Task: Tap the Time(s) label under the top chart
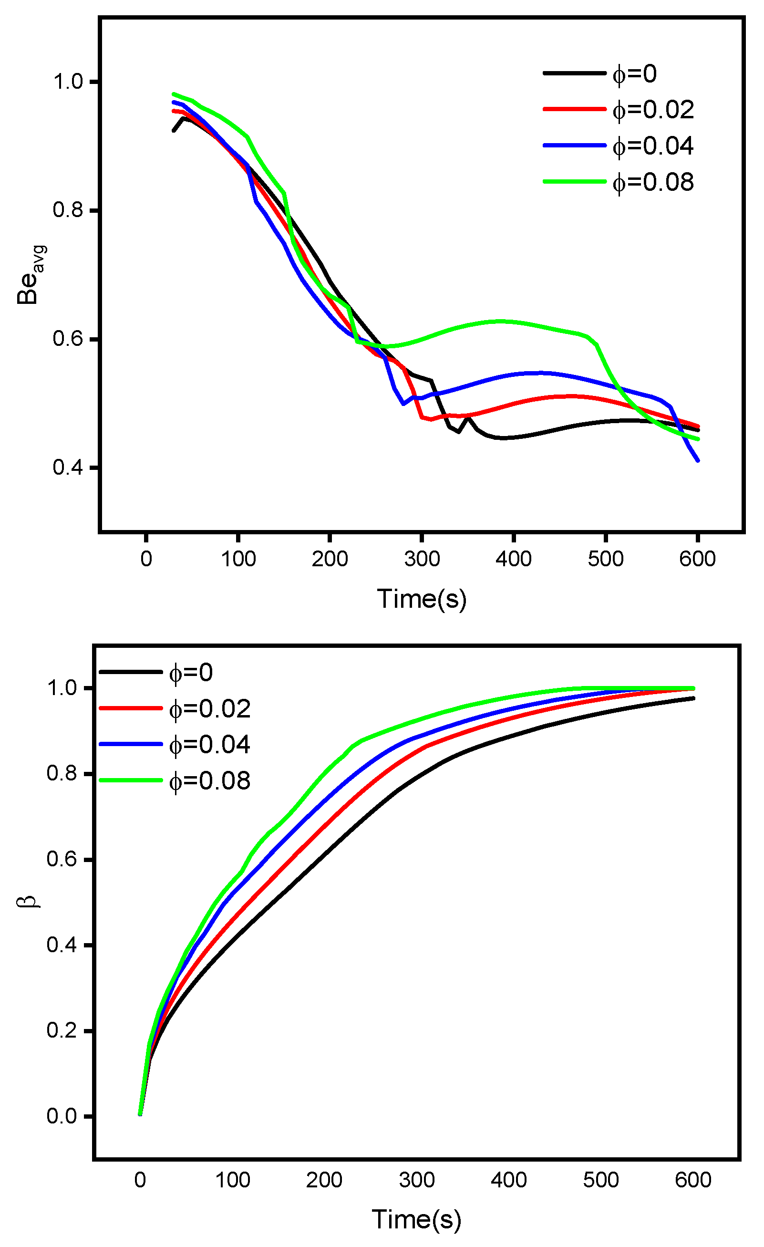point(422,599)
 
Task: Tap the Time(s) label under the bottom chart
point(416,1220)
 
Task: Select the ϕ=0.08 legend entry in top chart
point(653,182)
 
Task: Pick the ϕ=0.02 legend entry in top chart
point(653,109)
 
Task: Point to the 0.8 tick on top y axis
point(68,210)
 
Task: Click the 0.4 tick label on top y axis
point(68,468)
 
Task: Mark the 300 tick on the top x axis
point(422,559)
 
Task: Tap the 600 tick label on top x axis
point(697,559)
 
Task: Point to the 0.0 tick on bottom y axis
point(62,1116)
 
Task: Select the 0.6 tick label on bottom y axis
point(62,859)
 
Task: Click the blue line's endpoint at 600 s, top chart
point(698,460)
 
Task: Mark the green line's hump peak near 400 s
point(500,322)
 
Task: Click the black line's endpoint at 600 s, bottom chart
point(693,698)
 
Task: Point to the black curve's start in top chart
point(174,131)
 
